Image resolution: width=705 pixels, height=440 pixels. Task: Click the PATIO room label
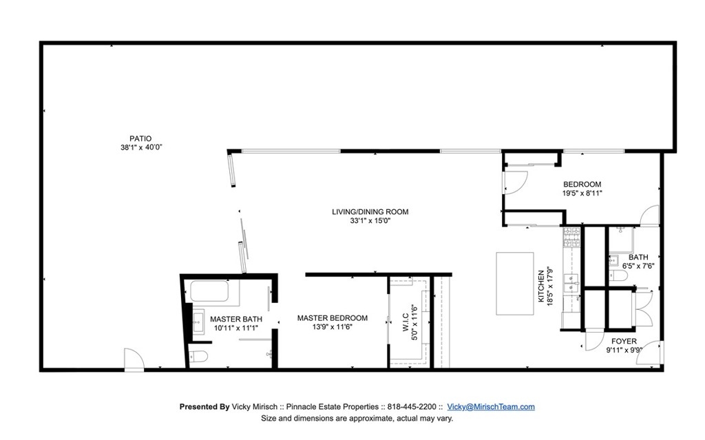point(140,138)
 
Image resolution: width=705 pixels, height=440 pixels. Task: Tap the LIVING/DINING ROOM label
point(370,212)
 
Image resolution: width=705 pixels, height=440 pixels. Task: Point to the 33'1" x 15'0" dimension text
point(370,221)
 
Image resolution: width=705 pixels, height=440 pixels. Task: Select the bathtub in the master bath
point(209,291)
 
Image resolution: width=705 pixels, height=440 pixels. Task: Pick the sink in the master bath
point(198,322)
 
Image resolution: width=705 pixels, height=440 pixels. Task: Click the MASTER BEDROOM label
point(333,318)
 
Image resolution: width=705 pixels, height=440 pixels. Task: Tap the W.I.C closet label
point(405,322)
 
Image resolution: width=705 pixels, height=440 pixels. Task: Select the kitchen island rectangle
point(515,284)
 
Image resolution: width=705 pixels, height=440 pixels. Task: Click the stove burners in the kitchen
point(571,238)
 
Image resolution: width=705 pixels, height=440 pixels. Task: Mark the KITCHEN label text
point(541,286)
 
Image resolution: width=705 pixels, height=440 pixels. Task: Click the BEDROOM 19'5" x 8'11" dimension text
point(582,193)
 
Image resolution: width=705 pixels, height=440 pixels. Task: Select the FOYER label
point(624,341)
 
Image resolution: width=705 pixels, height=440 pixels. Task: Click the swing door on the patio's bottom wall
point(134,359)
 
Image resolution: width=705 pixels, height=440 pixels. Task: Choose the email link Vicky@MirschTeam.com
point(491,407)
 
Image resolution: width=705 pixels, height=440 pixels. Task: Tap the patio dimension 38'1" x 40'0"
point(141,147)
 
